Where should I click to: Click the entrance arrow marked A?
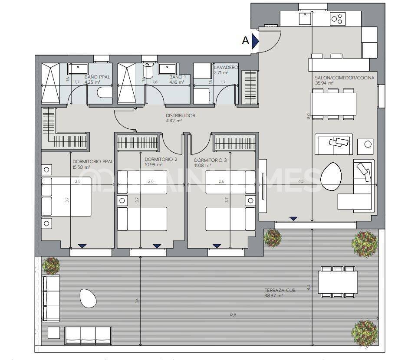click(256, 41)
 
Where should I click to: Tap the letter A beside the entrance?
click(245, 41)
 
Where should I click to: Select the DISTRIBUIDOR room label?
click(181, 116)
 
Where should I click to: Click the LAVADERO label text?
click(226, 68)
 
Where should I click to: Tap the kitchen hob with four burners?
click(337, 19)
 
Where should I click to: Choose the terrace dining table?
click(338, 282)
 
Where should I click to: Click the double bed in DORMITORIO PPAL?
click(66, 196)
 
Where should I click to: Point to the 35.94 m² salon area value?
click(324, 83)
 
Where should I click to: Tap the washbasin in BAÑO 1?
click(167, 69)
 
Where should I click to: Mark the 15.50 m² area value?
click(81, 167)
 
